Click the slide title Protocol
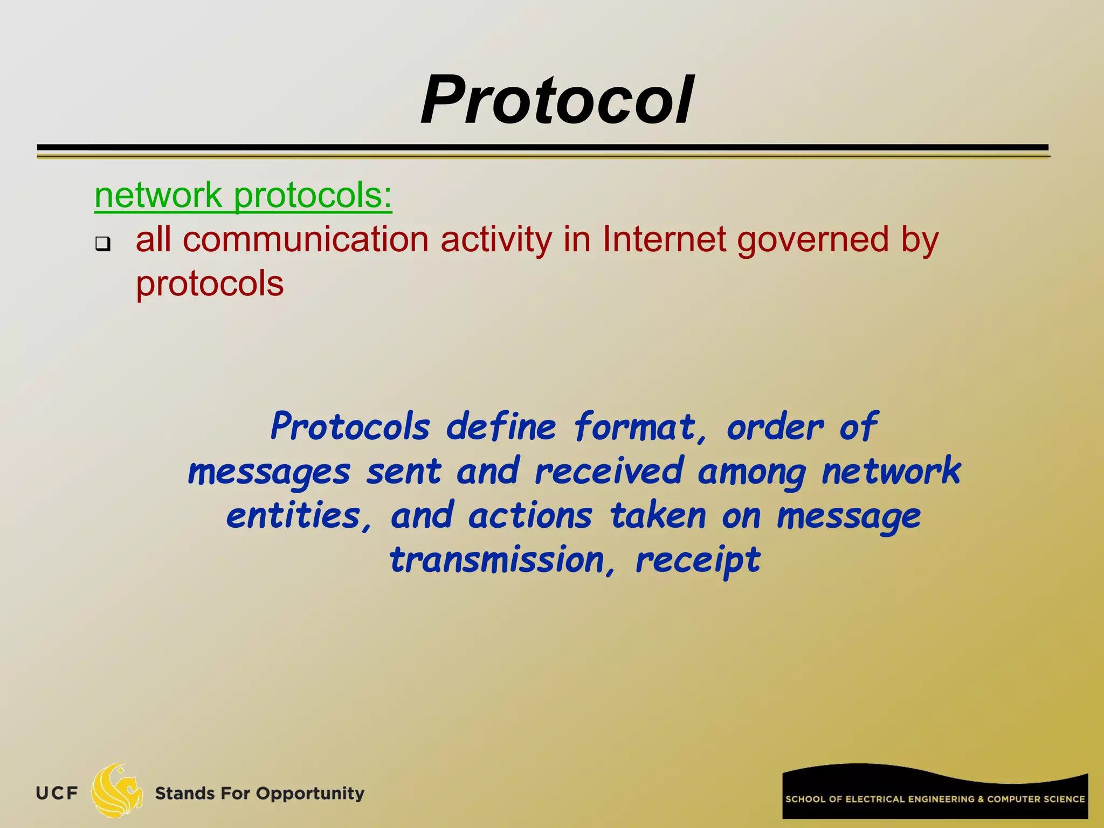click(557, 101)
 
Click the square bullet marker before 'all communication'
click(102, 244)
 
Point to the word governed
click(812, 240)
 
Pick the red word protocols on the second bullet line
click(209, 284)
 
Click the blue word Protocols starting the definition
click(350, 427)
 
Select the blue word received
click(609, 471)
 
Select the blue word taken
click(658, 516)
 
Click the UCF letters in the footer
click(57, 793)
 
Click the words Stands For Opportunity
click(259, 793)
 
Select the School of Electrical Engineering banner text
click(935, 799)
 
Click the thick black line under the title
click(542, 147)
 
